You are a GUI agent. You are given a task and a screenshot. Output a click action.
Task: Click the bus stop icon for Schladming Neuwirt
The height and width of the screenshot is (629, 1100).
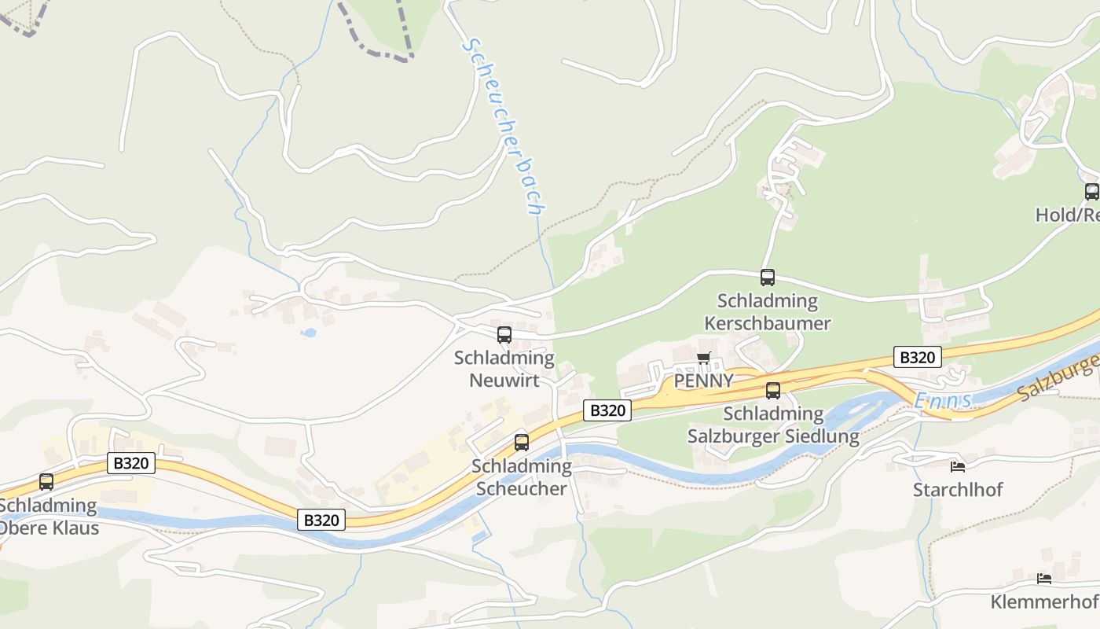click(504, 335)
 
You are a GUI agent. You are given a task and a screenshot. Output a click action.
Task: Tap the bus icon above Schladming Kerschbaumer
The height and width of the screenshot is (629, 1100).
click(768, 278)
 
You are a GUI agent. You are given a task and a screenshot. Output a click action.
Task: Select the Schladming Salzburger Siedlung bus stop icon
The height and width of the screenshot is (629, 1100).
click(773, 391)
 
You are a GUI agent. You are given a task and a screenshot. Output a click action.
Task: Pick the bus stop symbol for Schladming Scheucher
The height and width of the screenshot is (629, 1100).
click(522, 443)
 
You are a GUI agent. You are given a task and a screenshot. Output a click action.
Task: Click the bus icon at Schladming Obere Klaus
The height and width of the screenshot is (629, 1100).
click(46, 482)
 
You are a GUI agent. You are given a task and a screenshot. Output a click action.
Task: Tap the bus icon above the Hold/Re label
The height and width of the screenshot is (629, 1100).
click(1091, 192)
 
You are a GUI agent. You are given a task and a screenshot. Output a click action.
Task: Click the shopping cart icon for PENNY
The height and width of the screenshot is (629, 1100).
click(703, 359)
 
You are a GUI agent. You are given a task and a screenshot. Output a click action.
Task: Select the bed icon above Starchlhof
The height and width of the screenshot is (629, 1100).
click(957, 466)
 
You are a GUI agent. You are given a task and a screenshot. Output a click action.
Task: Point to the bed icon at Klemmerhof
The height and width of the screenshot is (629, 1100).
click(1043, 579)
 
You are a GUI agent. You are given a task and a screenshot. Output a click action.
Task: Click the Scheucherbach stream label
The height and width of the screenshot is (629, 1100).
click(503, 126)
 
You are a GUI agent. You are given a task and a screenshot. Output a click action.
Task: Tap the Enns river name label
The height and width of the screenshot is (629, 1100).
click(942, 401)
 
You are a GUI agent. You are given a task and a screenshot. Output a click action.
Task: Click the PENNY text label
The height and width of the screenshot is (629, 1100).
click(704, 381)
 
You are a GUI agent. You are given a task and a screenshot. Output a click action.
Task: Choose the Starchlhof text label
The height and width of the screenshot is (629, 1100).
click(958, 490)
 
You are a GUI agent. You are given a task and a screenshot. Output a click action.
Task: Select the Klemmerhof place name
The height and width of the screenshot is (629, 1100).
click(1043, 603)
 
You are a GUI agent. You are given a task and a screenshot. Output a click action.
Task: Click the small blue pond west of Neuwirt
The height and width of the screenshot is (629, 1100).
click(308, 333)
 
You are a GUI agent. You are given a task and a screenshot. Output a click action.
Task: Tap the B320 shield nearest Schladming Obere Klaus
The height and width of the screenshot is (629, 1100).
click(130, 463)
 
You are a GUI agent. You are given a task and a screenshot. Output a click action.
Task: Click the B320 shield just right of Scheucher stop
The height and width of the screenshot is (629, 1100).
click(607, 410)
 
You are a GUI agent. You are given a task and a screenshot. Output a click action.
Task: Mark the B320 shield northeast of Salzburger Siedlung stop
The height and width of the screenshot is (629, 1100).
click(917, 358)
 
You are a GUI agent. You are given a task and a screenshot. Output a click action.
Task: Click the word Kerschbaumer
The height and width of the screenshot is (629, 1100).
click(767, 323)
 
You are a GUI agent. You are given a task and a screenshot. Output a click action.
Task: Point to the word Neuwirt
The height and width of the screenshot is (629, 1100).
click(504, 381)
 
